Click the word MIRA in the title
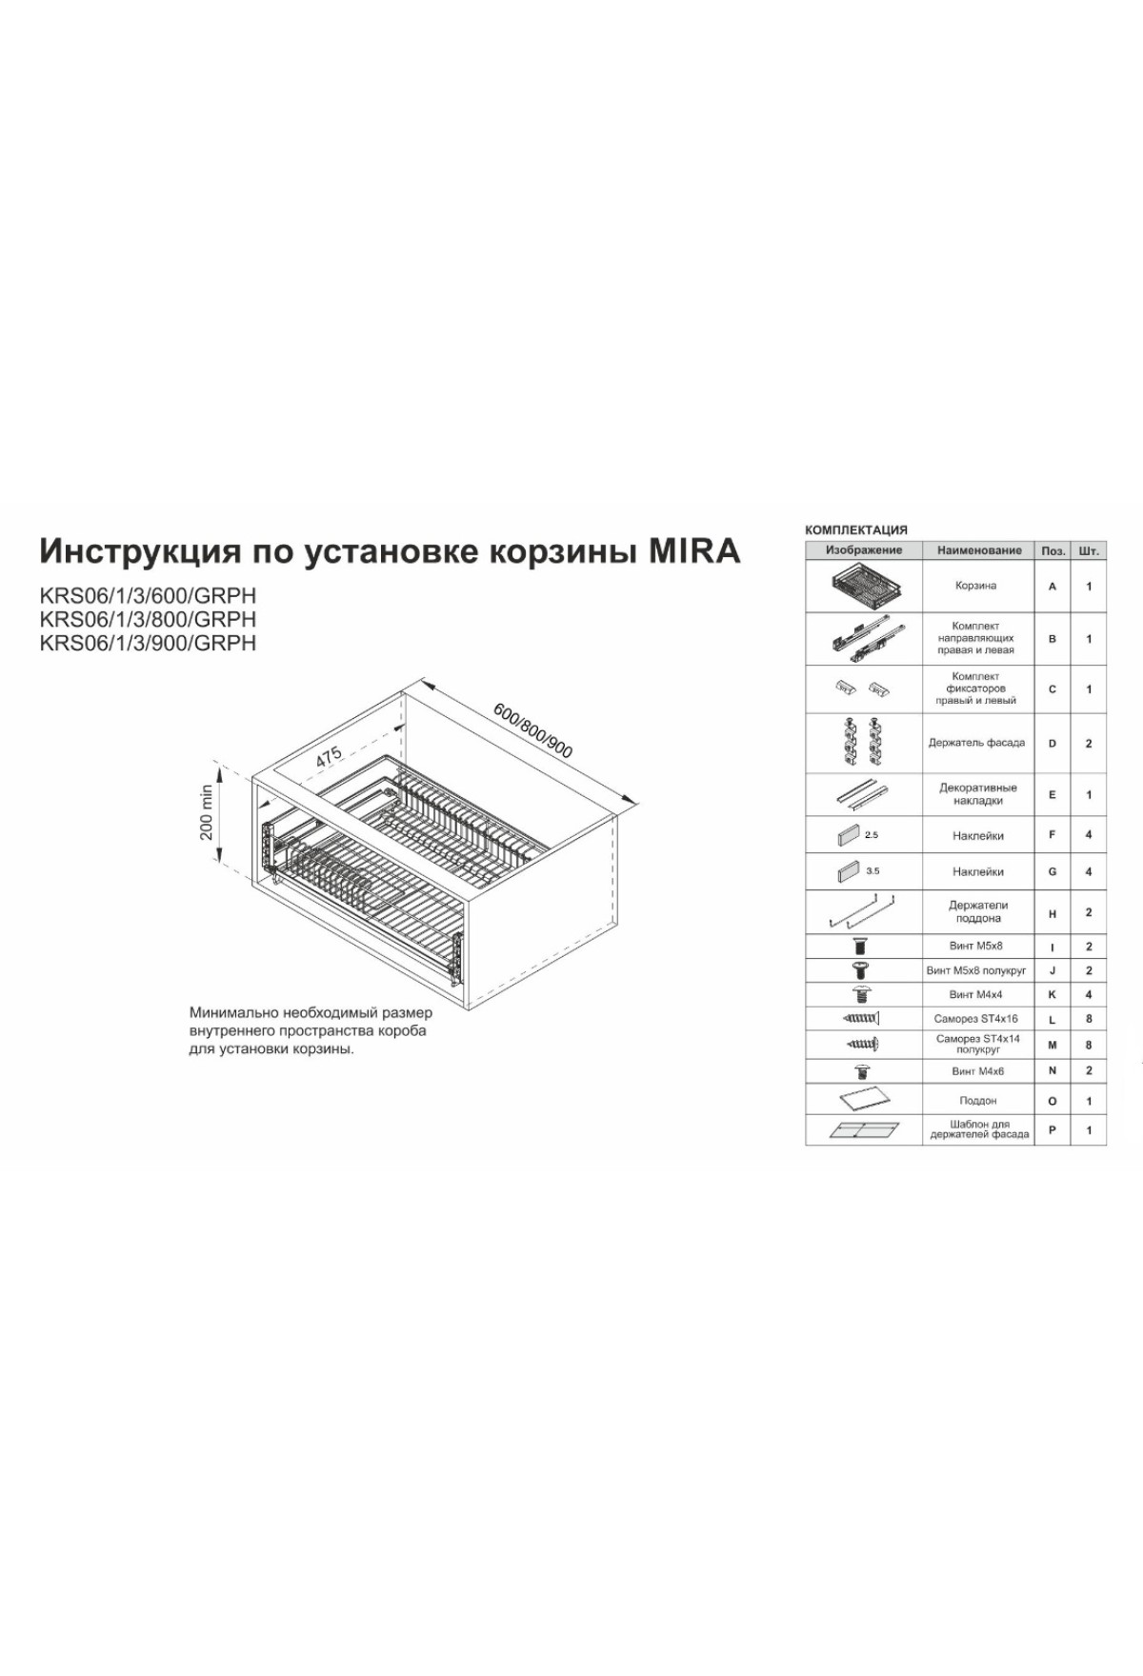click(x=693, y=551)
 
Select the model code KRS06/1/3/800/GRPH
click(x=148, y=619)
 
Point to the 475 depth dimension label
click(x=329, y=757)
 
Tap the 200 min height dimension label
click(x=207, y=812)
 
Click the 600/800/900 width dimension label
click(x=533, y=730)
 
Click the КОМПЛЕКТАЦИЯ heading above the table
click(x=856, y=529)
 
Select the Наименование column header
click(x=978, y=550)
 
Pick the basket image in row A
click(x=863, y=586)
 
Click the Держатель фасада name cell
click(x=977, y=743)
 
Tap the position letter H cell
click(x=1053, y=913)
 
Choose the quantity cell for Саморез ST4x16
click(x=1089, y=1019)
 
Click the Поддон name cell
click(x=978, y=1101)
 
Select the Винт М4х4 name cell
click(x=978, y=994)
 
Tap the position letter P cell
click(x=1053, y=1130)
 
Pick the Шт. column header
click(x=1089, y=550)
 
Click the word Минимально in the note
click(x=232, y=1012)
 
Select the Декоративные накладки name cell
click(x=978, y=794)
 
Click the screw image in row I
click(x=861, y=947)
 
